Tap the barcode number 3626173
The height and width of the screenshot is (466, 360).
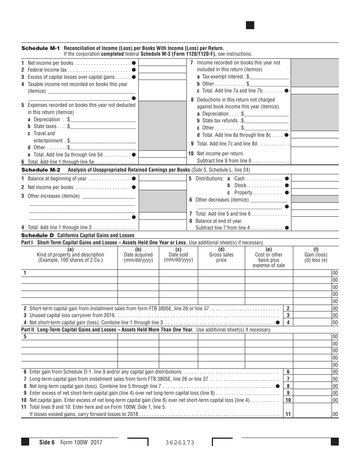180,443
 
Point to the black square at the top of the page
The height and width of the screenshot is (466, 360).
250,25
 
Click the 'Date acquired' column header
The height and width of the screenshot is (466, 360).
138,255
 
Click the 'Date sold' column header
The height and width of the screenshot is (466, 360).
178,255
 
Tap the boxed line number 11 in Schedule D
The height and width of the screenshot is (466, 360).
288,414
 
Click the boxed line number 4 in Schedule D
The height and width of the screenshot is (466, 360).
288,322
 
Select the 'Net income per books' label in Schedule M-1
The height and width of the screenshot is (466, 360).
50,63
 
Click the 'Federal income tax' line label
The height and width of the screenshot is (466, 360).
47,70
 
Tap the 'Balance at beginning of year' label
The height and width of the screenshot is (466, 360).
57,178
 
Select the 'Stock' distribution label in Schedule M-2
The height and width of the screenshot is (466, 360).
240,185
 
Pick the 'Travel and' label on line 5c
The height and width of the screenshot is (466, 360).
44,133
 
